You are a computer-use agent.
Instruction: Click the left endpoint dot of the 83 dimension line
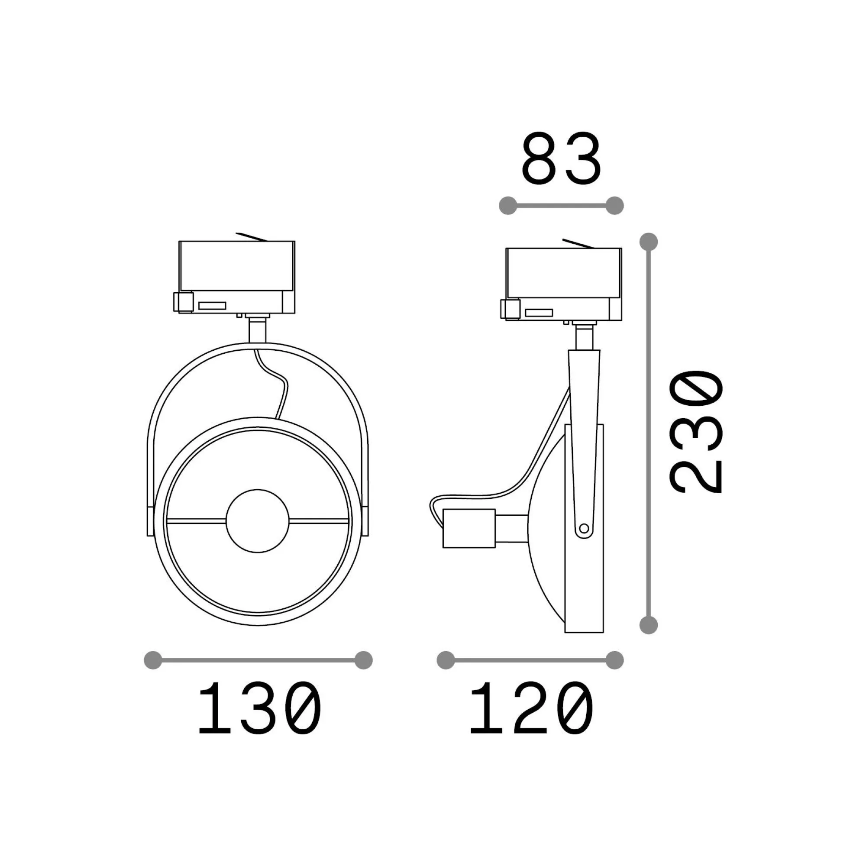508,206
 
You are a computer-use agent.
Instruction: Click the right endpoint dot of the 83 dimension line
614,206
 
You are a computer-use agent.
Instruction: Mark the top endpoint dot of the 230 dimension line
649,242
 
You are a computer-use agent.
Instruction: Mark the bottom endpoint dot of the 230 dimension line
649,624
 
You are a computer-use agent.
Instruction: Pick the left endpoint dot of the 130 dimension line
153,660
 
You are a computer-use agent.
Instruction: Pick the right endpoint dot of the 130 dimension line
364,660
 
